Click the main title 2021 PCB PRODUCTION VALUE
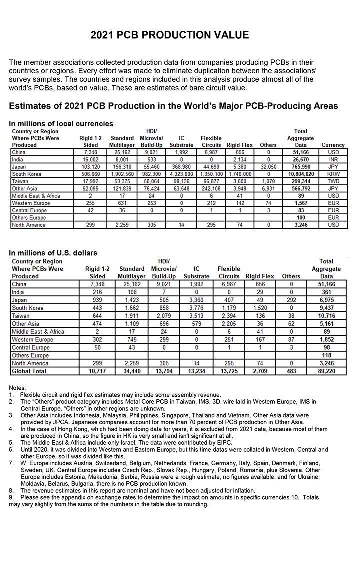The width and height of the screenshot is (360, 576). [x=170, y=35]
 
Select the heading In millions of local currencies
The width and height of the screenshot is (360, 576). [x=61, y=123]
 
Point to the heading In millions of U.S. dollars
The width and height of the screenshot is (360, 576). [x=53, y=253]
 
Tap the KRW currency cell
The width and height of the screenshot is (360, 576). [x=333, y=174]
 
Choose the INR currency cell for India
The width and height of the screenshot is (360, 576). [x=333, y=159]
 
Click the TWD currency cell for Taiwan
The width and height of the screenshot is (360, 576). [x=333, y=181]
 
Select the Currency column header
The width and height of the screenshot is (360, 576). [x=333, y=145]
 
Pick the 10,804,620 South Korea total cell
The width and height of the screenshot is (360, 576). [x=300, y=174]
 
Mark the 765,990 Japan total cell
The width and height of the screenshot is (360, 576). [x=300, y=167]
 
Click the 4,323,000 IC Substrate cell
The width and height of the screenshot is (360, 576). [x=182, y=174]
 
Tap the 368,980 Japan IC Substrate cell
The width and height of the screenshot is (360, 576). [x=182, y=167]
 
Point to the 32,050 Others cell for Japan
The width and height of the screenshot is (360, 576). [x=268, y=167]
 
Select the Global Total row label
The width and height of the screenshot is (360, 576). [x=29, y=371]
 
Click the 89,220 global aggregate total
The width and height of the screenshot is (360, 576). [x=326, y=371]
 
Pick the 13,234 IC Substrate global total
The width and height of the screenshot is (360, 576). [x=197, y=371]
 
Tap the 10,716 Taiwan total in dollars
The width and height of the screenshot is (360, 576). [x=326, y=316]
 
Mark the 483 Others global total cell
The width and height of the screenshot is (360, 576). [x=291, y=371]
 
